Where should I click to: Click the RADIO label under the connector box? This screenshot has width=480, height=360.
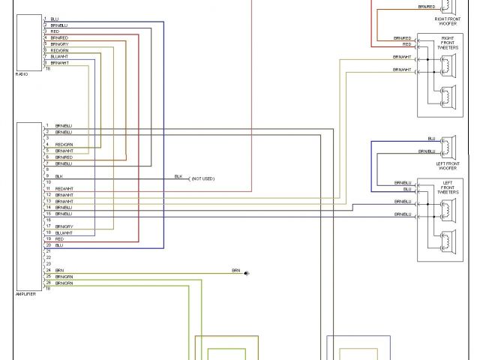(22, 74)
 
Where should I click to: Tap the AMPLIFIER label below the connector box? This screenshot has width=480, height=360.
(25, 294)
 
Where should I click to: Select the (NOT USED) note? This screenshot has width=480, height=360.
(202, 178)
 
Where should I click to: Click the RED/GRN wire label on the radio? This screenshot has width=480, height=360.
(61, 50)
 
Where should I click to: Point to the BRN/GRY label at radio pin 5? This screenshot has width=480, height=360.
(60, 43)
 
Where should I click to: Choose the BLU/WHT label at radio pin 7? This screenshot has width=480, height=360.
(60, 56)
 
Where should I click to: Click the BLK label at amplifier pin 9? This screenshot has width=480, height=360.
(58, 175)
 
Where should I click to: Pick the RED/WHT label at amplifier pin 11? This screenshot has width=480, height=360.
(64, 188)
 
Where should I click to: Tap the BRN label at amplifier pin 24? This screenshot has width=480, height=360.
(59, 270)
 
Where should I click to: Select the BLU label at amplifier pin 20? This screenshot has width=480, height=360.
(58, 244)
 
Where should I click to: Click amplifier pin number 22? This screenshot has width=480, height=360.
(47, 257)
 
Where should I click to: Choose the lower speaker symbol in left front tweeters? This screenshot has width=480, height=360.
(448, 241)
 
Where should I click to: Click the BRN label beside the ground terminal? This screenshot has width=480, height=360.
(235, 270)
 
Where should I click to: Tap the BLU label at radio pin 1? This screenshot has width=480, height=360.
(55, 19)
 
